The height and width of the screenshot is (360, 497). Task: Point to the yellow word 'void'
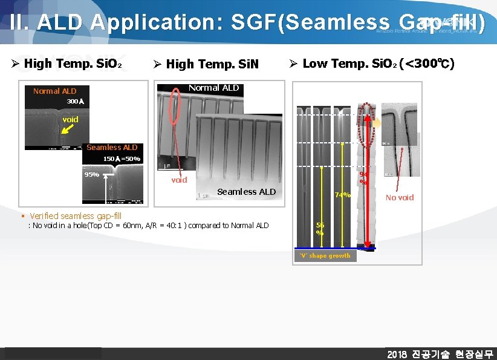tap(70, 119)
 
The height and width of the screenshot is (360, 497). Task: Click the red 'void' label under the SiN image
tap(179, 180)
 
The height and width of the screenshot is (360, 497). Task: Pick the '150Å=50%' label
tap(122, 159)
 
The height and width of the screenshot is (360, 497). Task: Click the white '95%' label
tap(92, 174)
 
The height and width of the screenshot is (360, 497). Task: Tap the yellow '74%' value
tap(343, 195)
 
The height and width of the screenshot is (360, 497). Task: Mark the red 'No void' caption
tap(400, 197)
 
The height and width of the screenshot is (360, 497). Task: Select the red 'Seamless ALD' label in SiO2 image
tap(112, 147)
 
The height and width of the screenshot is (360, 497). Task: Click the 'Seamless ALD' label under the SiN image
tap(246, 192)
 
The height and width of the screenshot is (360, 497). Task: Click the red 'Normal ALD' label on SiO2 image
tap(54, 91)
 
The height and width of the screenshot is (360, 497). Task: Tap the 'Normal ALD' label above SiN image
tap(213, 88)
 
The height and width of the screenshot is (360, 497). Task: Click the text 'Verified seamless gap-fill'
tap(76, 215)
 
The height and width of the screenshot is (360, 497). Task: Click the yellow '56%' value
tap(320, 228)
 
